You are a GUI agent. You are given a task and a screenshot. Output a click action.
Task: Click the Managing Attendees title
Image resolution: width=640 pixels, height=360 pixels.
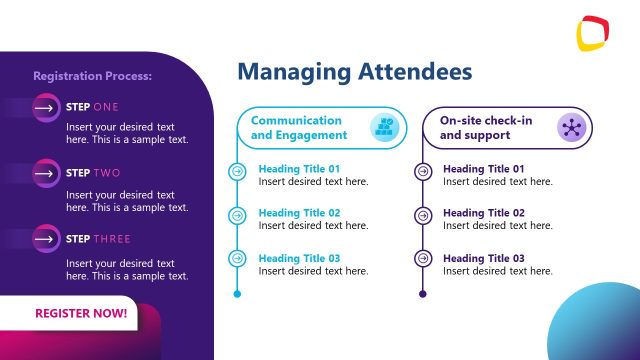355,72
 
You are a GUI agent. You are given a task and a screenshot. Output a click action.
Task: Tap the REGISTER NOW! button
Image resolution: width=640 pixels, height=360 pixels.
81,313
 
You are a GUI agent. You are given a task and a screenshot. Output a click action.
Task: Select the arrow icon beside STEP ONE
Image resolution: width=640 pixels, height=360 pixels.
45,107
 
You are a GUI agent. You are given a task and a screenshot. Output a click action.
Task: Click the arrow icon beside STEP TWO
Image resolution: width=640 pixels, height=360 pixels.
45,173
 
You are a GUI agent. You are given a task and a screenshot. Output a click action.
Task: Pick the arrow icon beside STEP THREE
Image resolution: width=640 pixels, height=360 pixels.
45,239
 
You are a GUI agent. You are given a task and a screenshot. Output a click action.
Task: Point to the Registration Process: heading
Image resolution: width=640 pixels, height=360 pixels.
92,75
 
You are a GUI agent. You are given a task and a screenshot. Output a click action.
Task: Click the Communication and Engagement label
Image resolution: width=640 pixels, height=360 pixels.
299,127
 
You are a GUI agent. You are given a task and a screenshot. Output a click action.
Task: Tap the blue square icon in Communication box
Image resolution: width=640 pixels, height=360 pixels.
384,127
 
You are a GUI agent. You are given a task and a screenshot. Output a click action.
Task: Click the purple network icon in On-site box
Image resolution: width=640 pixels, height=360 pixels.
571,127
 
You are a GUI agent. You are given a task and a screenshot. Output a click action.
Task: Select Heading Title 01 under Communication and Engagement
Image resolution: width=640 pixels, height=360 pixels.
299,169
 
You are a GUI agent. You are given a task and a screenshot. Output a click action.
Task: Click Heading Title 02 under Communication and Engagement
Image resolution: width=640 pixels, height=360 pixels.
299,213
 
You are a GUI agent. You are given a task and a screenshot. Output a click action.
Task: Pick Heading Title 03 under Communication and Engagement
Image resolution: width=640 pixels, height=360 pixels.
299,258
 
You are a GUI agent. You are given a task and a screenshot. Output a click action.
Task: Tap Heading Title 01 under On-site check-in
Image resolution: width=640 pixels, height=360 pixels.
484,169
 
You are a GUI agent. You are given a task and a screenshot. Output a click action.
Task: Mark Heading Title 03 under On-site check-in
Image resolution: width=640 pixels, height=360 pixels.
484,258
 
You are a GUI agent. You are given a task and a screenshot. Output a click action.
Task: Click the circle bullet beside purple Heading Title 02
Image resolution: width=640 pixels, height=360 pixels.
423,215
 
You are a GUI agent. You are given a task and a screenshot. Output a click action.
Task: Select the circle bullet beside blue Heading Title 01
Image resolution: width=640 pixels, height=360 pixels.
237,171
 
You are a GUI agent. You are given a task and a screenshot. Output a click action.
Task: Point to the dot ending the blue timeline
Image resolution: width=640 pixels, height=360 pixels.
237,294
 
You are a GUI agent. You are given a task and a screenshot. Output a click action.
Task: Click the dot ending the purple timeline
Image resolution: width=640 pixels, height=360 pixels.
423,294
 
